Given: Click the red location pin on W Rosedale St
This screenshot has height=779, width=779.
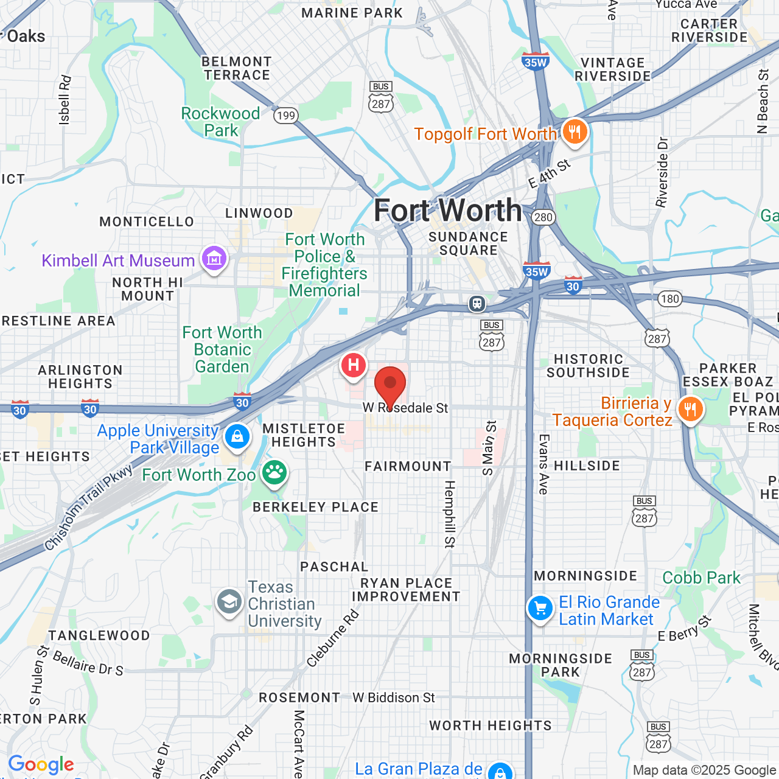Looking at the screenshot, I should coord(390,385).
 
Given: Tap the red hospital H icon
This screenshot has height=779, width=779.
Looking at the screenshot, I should coord(353,366).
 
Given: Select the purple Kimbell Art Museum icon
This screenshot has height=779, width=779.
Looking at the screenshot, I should coord(214,260).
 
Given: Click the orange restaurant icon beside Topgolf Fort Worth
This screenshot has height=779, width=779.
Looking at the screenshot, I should coord(574,131).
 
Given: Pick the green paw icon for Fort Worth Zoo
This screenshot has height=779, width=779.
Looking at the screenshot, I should coord(274,473).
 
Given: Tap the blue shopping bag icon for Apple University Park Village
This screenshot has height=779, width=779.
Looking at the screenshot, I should coord(237,436).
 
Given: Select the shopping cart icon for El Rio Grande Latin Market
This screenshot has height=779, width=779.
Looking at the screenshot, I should coord(540,608).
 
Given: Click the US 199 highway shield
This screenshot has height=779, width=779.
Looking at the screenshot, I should coord(285,115).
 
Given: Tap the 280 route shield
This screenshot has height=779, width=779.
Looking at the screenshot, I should coord(543,217).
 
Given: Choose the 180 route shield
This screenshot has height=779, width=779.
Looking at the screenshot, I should coord(669,299).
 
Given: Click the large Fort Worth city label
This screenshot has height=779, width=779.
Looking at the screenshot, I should coord(448,211).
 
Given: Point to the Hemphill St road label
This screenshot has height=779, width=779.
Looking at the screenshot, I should coord(450,514).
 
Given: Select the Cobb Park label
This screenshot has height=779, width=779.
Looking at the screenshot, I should coord(701,578).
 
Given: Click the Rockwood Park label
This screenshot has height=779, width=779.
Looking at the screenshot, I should coord(220,122).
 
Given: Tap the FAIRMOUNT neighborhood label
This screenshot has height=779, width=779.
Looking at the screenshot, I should coord(408,466).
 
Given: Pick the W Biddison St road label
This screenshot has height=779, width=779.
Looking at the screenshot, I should coord(394,697).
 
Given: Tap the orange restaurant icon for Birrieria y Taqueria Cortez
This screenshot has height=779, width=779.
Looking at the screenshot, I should coord(690,410).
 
